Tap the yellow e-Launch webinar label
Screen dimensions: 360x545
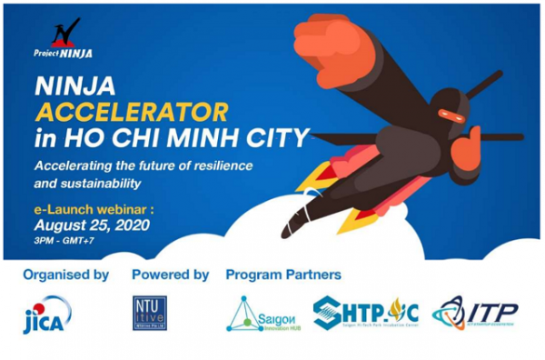(x=87, y=207)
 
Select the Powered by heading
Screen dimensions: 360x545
(x=170, y=274)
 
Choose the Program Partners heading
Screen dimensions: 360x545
(x=283, y=274)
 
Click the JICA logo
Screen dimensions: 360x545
(x=44, y=317)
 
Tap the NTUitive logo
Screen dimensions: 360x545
(x=152, y=314)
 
